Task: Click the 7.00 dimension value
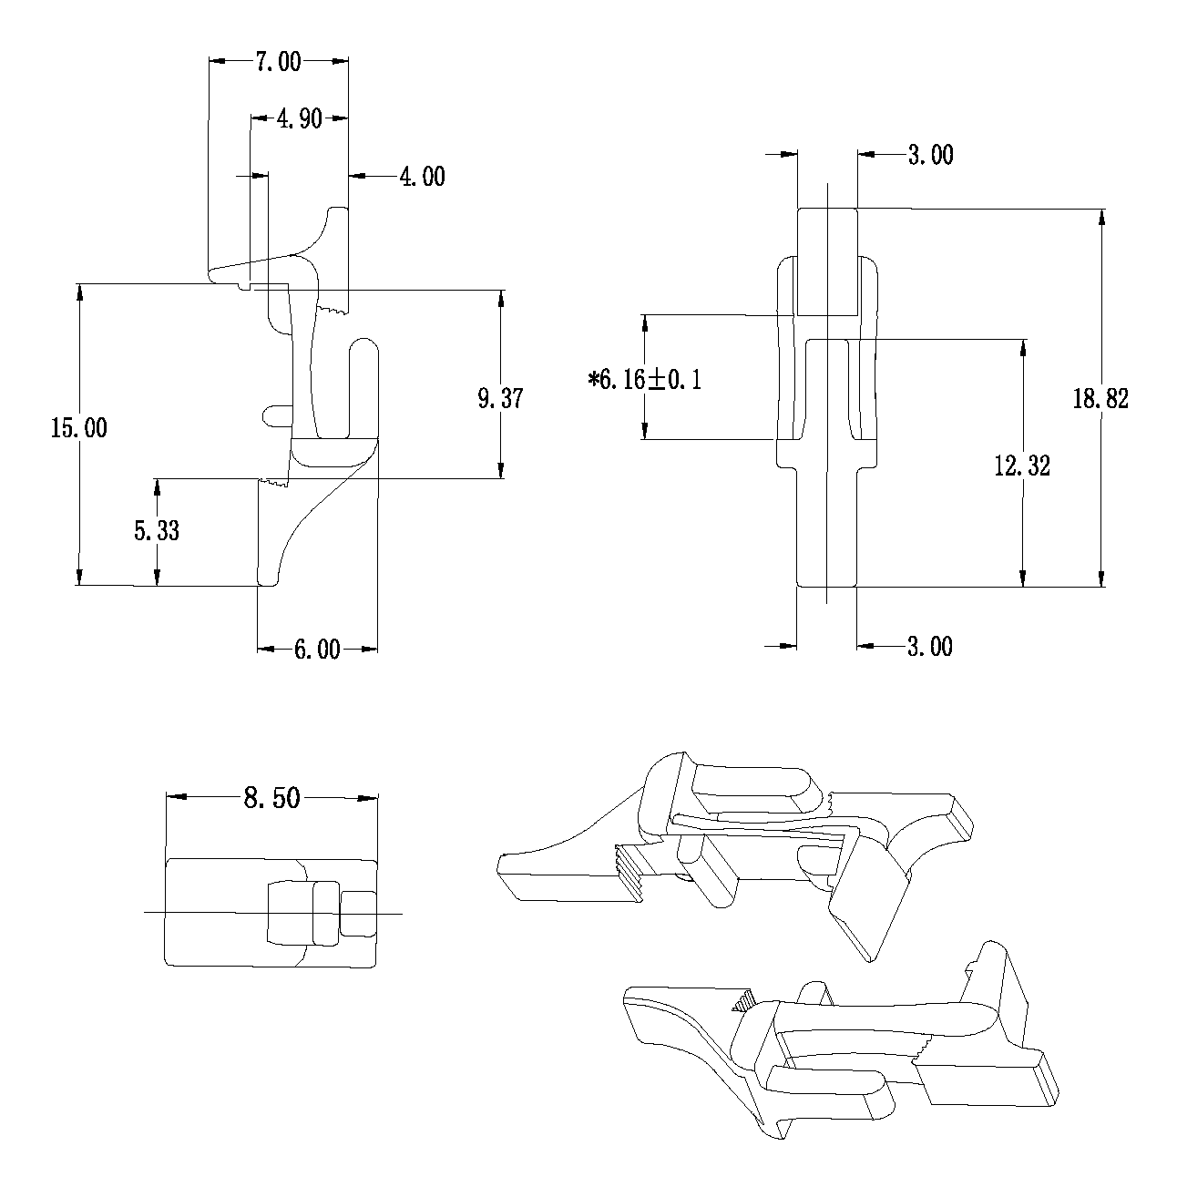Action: click(278, 62)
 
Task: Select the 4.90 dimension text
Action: click(299, 118)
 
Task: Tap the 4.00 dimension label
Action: click(422, 176)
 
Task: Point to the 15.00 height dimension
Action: click(78, 428)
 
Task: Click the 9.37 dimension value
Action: click(500, 398)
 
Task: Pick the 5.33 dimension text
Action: click(157, 530)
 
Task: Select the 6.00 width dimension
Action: click(316, 650)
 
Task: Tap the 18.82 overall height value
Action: click(1100, 398)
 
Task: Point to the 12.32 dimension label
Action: click(1022, 466)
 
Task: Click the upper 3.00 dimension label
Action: click(930, 155)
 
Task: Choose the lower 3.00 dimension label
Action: click(930, 646)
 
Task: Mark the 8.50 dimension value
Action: click(271, 798)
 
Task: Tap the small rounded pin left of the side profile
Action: click(275, 416)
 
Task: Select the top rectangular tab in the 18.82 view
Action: click(827, 261)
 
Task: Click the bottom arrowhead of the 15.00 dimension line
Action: click(79, 576)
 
